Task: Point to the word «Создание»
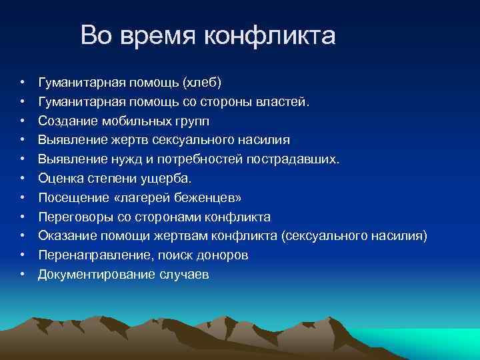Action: [x=64, y=121]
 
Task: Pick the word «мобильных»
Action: [x=126, y=121]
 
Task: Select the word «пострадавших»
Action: [x=293, y=159]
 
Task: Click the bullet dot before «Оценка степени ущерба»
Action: [x=22, y=179]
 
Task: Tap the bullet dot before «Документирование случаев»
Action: [x=22, y=274]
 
